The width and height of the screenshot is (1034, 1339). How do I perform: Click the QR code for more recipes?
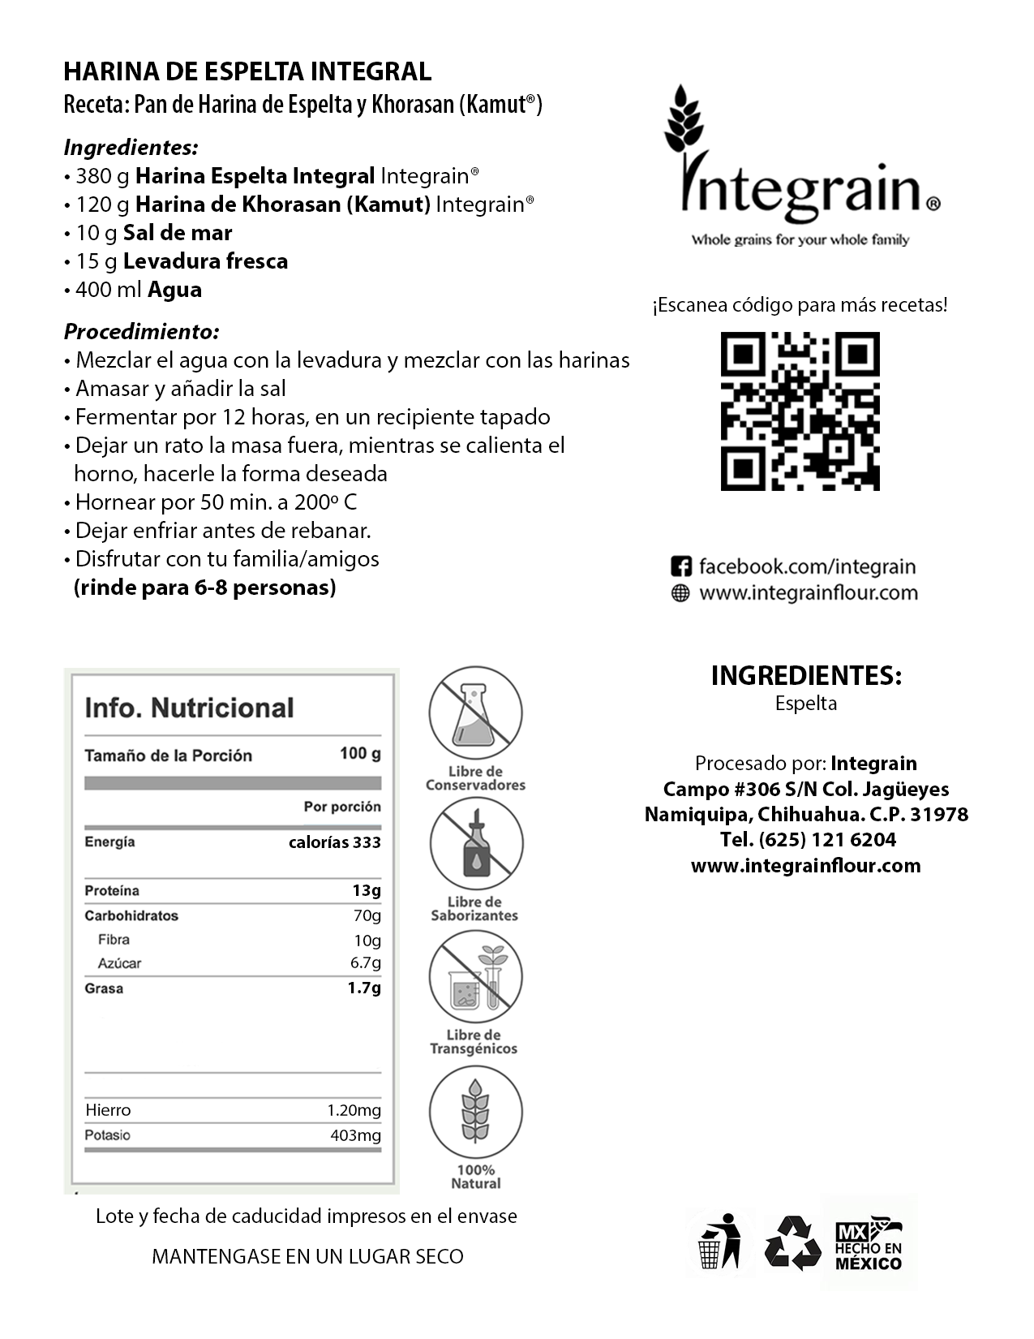pos(800,411)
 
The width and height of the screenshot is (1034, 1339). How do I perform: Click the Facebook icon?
pos(681,566)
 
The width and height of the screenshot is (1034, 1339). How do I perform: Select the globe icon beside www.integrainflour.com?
pos(680,593)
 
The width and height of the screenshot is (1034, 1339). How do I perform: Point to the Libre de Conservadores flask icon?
pos(476,713)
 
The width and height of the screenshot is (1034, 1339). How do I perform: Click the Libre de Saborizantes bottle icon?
pos(476,844)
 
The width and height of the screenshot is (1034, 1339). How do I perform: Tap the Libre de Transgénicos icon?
pos(476,976)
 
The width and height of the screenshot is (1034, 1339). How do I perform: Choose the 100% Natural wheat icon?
pos(476,1111)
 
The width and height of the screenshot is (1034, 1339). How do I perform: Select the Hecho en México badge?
pos(869,1242)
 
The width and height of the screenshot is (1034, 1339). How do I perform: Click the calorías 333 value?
pos(334,842)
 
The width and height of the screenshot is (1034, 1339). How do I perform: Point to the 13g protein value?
pos(366,890)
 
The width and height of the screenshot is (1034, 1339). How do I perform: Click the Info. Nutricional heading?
pos(189,708)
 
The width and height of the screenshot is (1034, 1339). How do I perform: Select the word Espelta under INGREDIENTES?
pos(805,704)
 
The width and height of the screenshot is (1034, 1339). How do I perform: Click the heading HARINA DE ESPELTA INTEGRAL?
pos(247,71)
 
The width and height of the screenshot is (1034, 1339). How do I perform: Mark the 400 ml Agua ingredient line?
pos(138,290)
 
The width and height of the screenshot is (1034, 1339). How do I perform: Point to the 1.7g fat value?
pos(364,988)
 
